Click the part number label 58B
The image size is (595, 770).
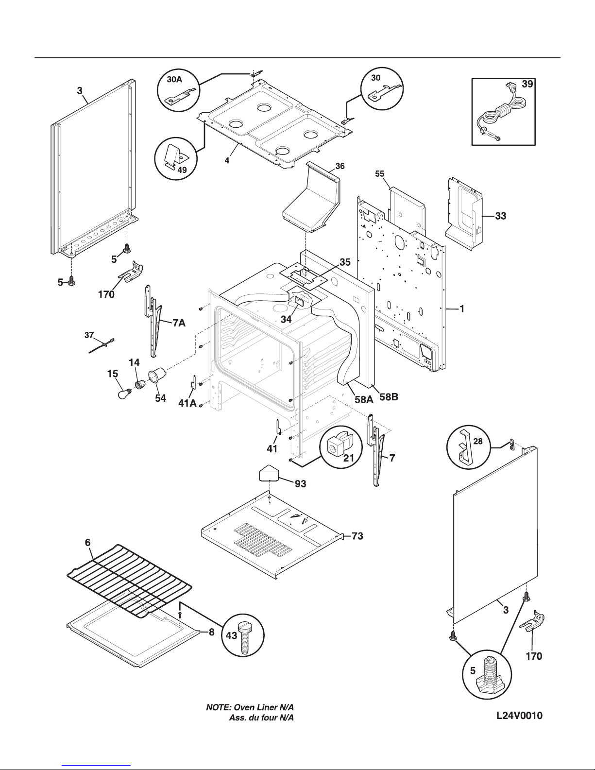tap(389, 397)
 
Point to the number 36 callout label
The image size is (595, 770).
tap(340, 166)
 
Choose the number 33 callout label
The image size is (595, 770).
tap(500, 217)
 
